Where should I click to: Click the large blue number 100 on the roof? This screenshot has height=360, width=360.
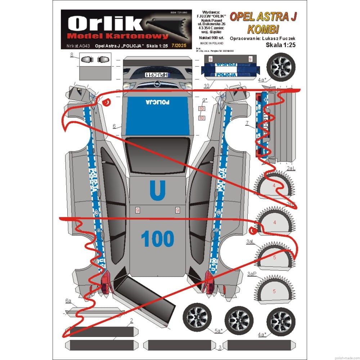[x=157, y=238]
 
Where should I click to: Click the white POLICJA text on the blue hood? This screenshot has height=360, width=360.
[x=157, y=102]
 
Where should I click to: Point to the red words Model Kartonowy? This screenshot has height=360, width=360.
[x=118, y=36]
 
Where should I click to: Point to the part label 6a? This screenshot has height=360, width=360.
[x=68, y=301]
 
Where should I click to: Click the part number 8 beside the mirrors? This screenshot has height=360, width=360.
[x=72, y=55]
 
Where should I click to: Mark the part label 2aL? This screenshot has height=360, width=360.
[x=291, y=168]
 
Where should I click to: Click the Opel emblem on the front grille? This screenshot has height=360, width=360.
[x=157, y=84]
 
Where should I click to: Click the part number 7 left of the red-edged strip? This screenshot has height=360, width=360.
[x=247, y=123]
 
